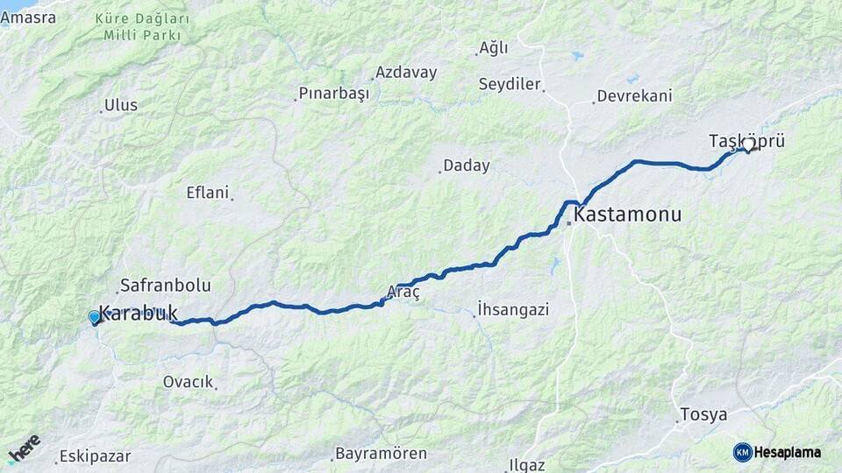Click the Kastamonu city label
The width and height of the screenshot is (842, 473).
627,215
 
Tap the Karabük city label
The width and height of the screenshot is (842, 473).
139,313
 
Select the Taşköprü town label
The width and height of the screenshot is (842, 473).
746,140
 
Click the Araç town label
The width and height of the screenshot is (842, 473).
403,293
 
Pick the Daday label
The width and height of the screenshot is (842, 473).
467,166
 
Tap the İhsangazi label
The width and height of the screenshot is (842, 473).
513,309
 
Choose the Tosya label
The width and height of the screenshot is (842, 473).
704,414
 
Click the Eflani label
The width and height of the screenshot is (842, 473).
208,193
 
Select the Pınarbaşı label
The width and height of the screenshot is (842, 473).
334,93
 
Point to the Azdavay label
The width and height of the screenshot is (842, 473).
406,73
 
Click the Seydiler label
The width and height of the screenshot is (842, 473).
510,84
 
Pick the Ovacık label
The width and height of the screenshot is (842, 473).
189,382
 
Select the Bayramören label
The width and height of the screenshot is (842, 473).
382,454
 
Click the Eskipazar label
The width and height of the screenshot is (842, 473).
96,456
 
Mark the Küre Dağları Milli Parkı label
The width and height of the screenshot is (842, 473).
141,27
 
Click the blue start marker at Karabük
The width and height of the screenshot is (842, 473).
94,317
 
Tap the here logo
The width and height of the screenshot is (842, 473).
25,448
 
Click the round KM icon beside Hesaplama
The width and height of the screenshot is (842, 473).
743,452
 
